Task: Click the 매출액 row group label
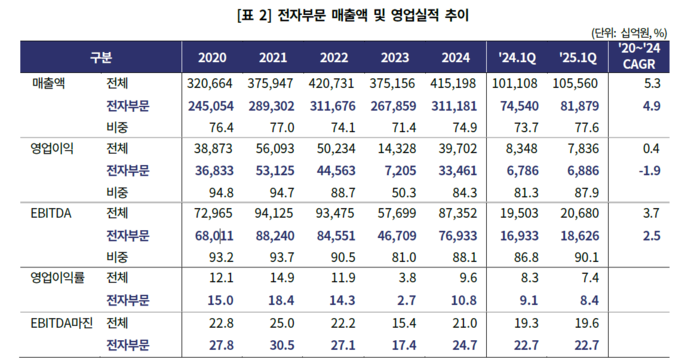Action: [48, 83]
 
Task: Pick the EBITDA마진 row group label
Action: [59, 323]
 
